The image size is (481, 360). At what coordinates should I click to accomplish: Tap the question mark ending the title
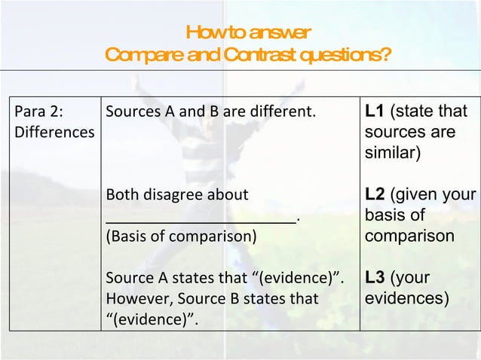[x=385, y=55]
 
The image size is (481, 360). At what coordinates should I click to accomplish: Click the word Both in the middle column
[x=121, y=196]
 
